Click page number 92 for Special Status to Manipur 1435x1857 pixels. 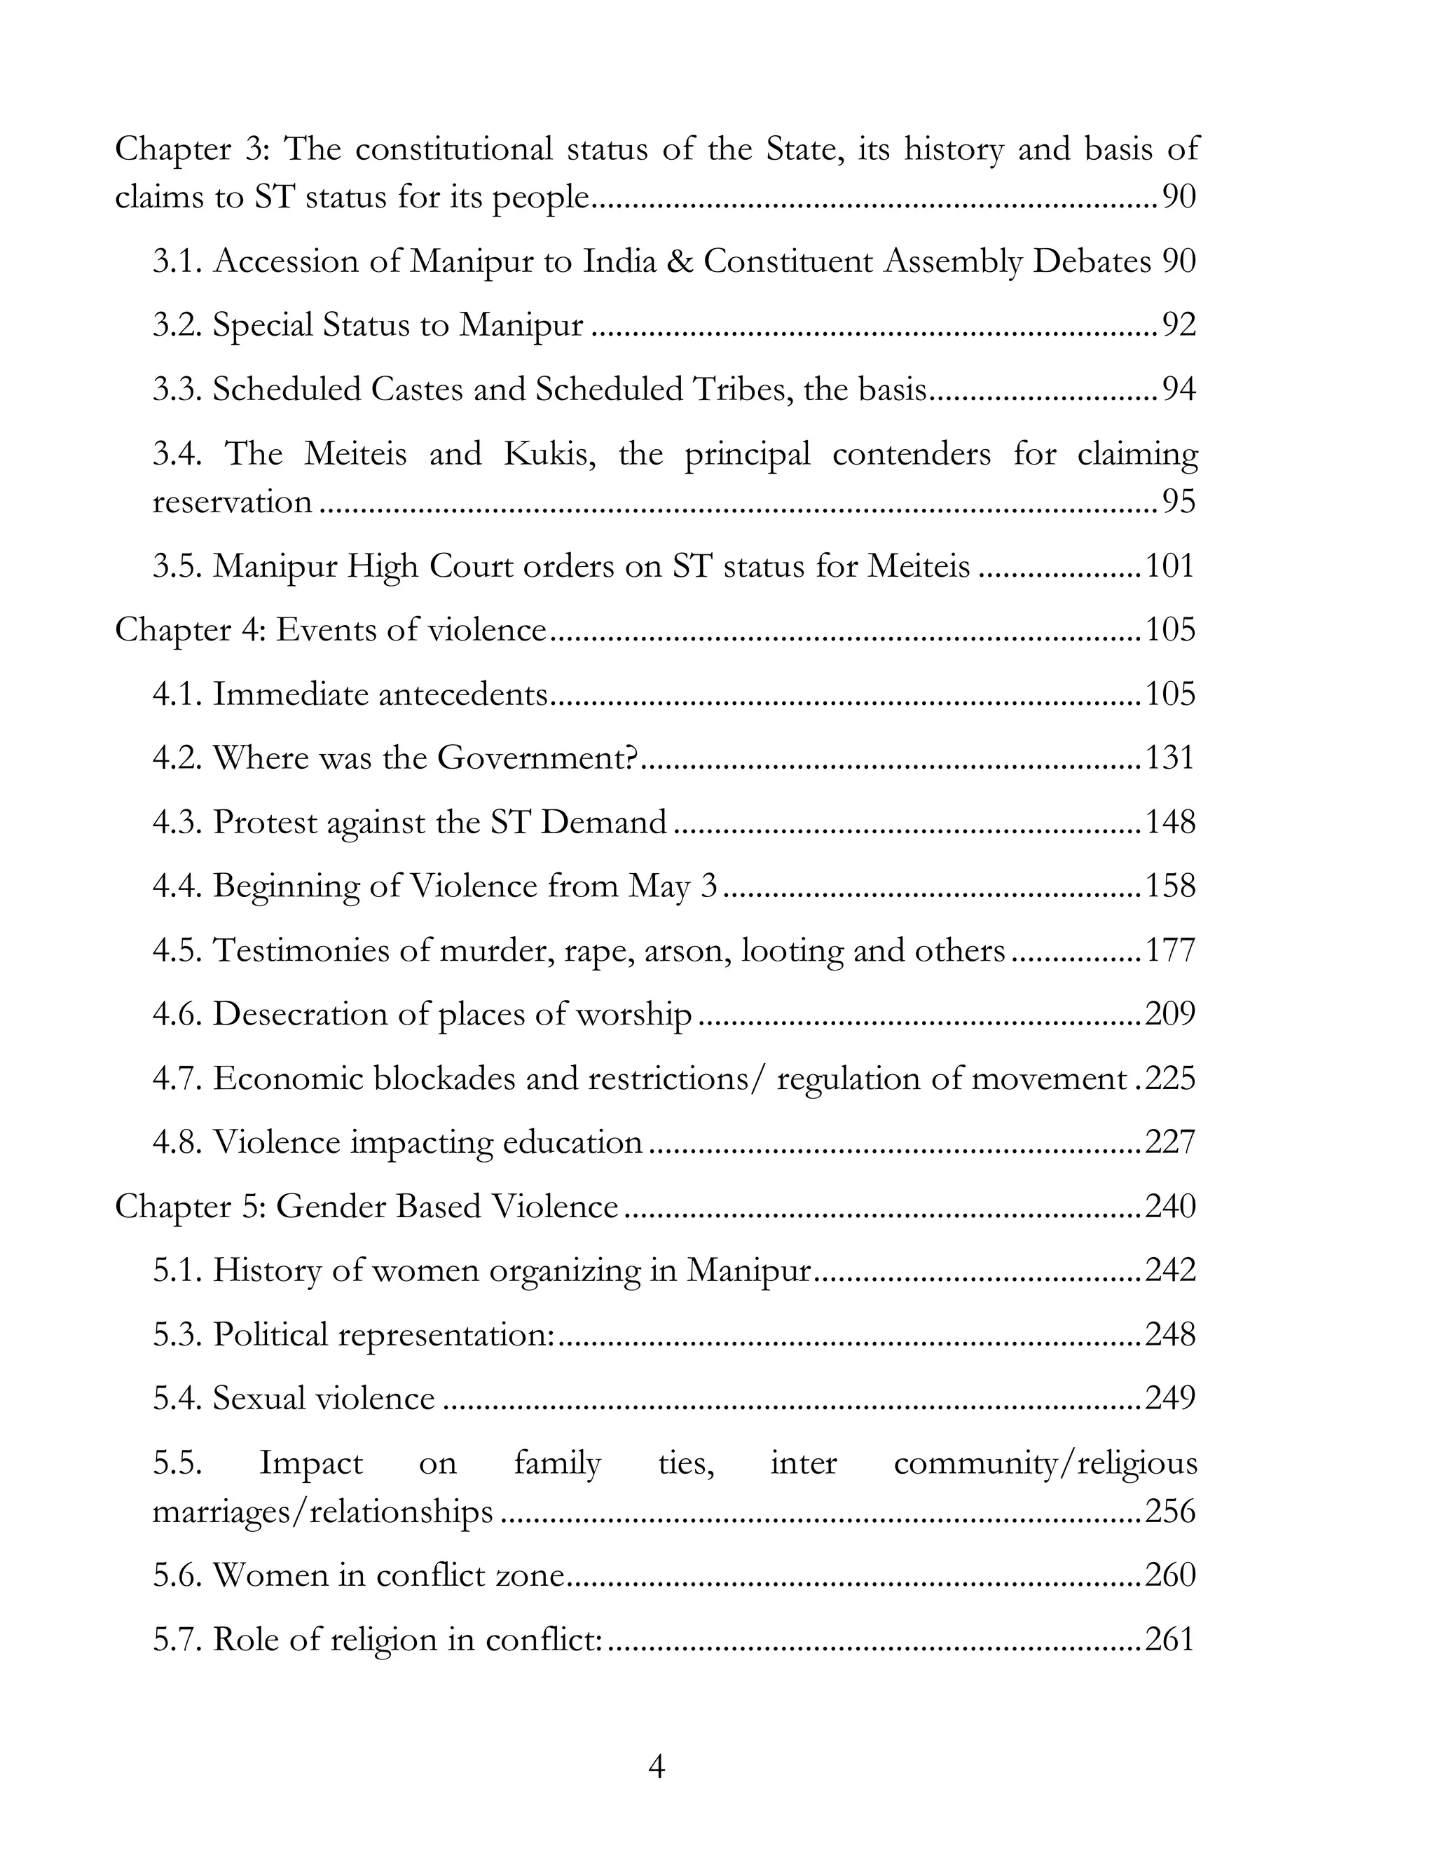[1179, 325]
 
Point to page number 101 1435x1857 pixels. [1171, 566]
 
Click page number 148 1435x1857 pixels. [1171, 822]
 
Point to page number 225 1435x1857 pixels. [1171, 1079]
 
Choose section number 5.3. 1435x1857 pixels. [178, 1335]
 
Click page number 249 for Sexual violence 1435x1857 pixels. [1171, 1399]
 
